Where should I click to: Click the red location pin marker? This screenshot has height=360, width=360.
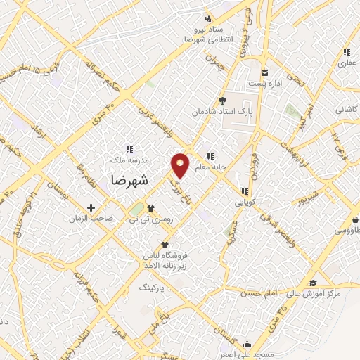(x=181, y=165)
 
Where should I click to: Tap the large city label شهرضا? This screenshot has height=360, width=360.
(x=129, y=179)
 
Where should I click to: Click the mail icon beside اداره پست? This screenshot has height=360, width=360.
(x=264, y=73)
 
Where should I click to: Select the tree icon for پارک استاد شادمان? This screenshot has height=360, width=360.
(x=223, y=101)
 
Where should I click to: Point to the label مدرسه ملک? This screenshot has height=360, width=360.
(x=129, y=160)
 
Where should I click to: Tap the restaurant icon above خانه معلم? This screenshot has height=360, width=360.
(x=209, y=156)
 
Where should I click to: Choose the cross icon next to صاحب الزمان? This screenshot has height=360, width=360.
(x=91, y=208)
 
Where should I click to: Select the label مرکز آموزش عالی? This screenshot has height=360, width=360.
(x=314, y=292)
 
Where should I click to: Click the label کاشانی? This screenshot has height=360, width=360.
(x=346, y=110)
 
